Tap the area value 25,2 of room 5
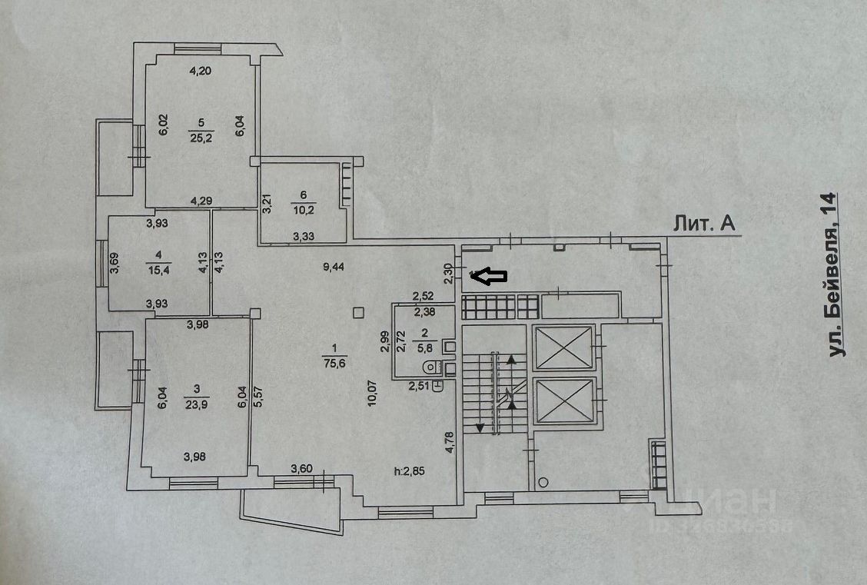pyautogui.click(x=201, y=137)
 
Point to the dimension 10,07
pyautogui.click(x=371, y=391)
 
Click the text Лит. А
pyautogui.click(x=704, y=224)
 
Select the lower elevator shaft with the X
pyautogui.click(x=563, y=400)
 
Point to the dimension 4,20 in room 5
pyautogui.click(x=201, y=71)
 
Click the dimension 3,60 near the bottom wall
pyautogui.click(x=302, y=468)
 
